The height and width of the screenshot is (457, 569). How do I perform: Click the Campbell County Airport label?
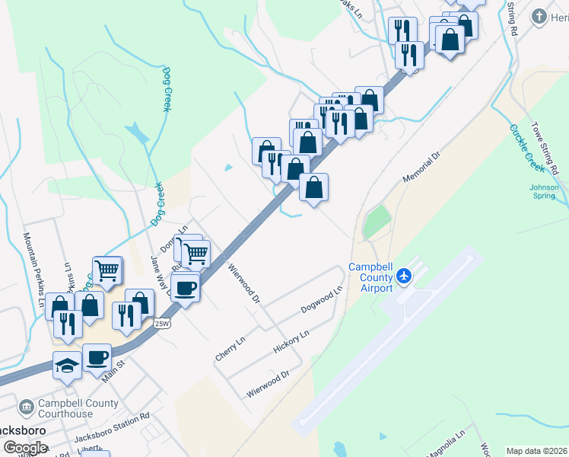coord(370,277)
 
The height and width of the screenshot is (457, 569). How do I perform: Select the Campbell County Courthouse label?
coord(68,409)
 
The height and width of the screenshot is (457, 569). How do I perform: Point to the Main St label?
coord(113,375)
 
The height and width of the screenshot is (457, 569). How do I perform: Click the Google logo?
coord(25,448)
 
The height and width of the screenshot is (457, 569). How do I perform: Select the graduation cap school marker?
coord(67,365)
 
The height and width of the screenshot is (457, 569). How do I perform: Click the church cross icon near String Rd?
coord(539,17)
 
